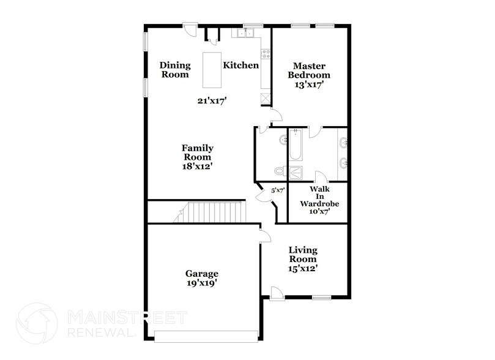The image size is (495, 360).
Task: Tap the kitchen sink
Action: [250, 34]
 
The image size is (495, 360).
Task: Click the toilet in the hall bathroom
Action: [280, 171]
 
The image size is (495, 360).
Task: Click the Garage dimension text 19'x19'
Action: [202, 283]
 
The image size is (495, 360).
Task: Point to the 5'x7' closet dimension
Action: [278, 190]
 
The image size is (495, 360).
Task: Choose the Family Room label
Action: [197, 157]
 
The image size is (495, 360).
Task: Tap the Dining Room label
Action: [175, 70]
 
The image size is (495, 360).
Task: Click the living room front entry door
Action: [277, 293]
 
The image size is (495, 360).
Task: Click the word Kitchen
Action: [240, 66]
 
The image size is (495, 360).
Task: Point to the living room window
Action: [321, 298]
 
